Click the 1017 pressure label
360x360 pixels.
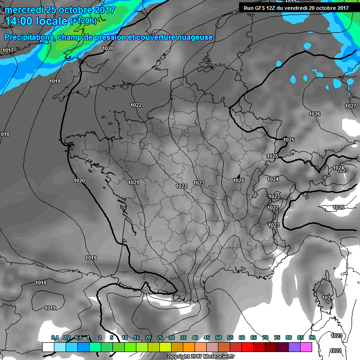click(8, 50)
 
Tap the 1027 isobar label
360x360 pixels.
click(351, 106)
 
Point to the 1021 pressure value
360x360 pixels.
click(134, 182)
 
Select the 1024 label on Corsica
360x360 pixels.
click(328, 298)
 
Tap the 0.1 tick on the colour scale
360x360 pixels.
click(55, 337)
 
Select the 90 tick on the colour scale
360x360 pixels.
click(312, 337)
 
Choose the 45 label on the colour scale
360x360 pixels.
click(207, 337)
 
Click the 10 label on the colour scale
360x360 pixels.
click(124, 337)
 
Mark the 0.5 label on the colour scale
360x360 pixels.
click(78, 337)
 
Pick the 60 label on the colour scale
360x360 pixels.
click(242, 337)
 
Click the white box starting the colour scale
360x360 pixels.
click(48, 347)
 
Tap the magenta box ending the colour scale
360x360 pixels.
click(306, 347)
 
